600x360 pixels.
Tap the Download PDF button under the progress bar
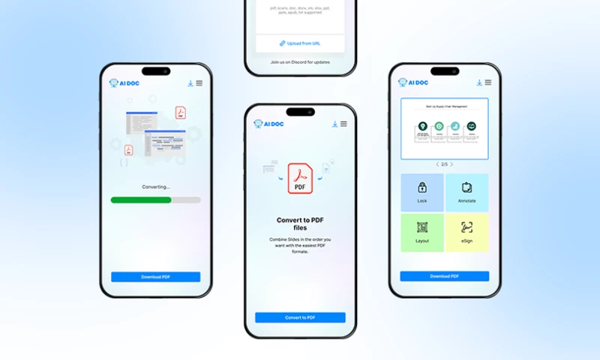click(x=155, y=277)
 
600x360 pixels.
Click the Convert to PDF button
click(x=300, y=317)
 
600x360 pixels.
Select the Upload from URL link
click(x=300, y=43)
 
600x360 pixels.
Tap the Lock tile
click(x=422, y=192)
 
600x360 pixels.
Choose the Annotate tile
click(x=466, y=192)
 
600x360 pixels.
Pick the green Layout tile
click(x=422, y=232)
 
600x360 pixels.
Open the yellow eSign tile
click(x=466, y=232)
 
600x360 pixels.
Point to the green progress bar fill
click(x=141, y=200)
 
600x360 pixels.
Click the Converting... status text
click(x=155, y=187)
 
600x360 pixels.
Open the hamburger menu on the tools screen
click(x=488, y=82)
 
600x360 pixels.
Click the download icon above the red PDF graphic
click(x=334, y=124)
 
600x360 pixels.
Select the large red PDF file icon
click(x=300, y=179)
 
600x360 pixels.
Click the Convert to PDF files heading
click(x=300, y=224)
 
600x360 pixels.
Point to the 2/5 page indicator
click(x=444, y=164)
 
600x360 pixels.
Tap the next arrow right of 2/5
click(x=451, y=164)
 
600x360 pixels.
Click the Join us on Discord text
click(x=300, y=62)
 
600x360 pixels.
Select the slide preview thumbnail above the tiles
click(x=444, y=128)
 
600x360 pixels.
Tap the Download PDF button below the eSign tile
click(x=444, y=276)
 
